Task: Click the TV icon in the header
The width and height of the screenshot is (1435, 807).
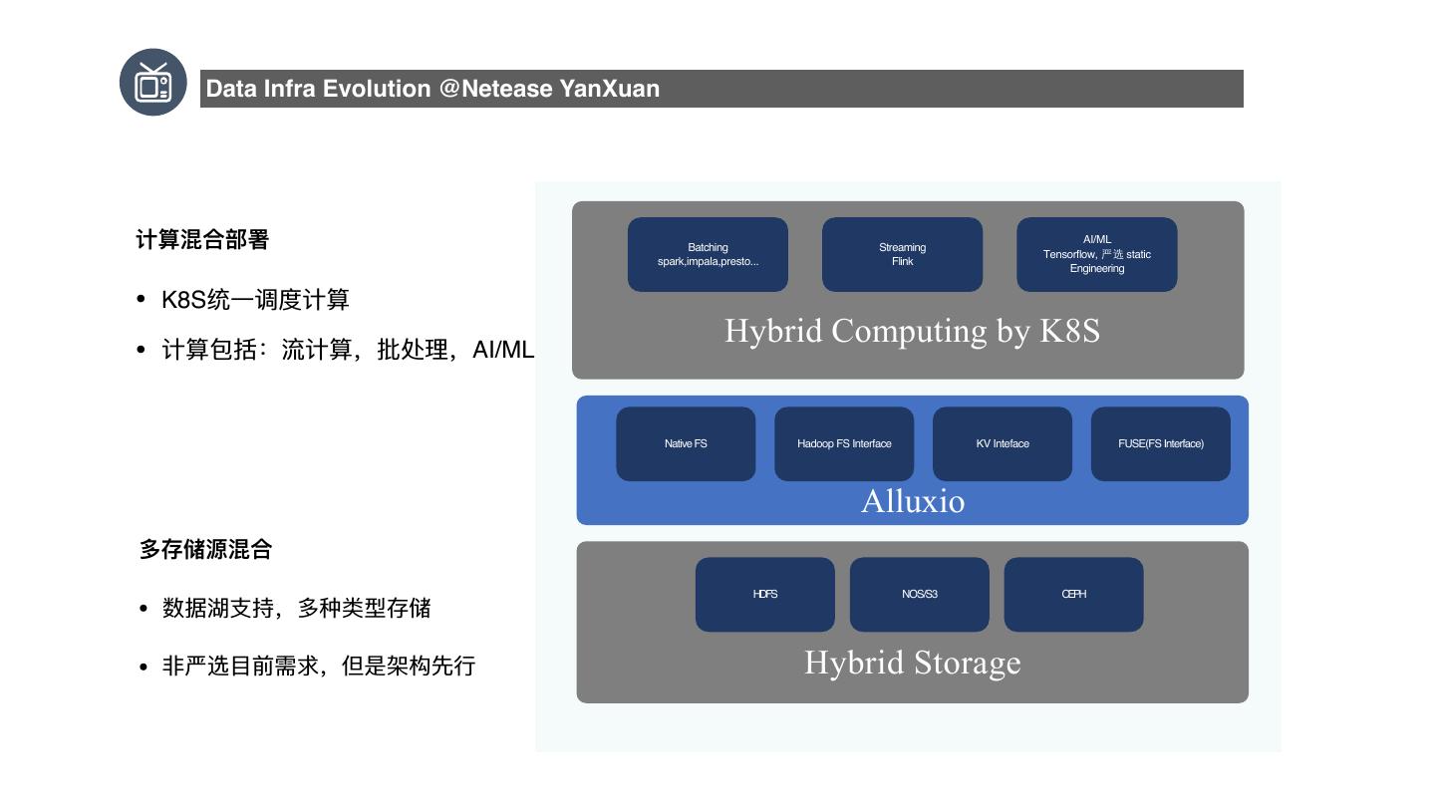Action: [x=153, y=83]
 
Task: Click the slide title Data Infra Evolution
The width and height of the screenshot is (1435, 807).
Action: [x=432, y=89]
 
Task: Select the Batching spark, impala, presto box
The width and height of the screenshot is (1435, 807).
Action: [x=708, y=255]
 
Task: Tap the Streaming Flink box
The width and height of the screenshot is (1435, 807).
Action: [x=902, y=255]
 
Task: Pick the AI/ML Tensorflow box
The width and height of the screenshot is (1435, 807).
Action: [x=1096, y=255]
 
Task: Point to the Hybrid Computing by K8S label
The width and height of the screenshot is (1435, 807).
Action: [x=912, y=331]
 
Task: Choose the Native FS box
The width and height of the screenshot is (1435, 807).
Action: [x=686, y=444]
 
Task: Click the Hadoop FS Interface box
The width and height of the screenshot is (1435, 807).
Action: [x=844, y=444]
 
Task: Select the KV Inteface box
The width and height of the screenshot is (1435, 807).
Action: [x=1003, y=444]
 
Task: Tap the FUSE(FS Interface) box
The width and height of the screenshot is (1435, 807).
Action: [x=1161, y=444]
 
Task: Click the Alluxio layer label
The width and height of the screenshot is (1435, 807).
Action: [x=913, y=500]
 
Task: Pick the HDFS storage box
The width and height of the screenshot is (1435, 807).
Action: [x=765, y=595]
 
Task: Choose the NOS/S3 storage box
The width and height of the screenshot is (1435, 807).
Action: [x=920, y=595]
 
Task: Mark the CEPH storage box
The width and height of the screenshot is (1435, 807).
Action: [x=1074, y=595]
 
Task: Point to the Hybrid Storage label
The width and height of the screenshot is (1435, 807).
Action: [x=913, y=663]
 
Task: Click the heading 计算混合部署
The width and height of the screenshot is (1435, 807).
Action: [x=202, y=240]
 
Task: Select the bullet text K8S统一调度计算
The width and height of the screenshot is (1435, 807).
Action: [x=255, y=300]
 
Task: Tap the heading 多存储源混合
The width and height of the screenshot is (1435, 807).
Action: [x=205, y=549]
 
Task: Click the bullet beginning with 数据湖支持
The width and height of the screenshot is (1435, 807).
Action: [x=296, y=608]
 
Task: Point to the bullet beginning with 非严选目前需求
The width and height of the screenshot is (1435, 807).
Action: [x=319, y=666]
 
